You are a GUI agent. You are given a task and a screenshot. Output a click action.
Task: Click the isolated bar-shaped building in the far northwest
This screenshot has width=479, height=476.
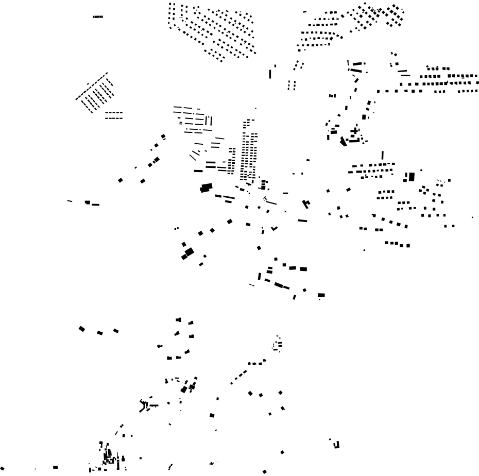point(98,16)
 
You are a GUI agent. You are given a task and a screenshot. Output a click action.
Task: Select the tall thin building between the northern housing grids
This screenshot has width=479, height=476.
point(270,74)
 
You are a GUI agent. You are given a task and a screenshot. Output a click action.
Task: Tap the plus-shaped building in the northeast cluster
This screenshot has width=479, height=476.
point(354,131)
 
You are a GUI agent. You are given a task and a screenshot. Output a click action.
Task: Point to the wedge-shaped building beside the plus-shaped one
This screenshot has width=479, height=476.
point(343,141)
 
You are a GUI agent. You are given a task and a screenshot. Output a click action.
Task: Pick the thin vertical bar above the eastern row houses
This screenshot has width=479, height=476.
point(382,155)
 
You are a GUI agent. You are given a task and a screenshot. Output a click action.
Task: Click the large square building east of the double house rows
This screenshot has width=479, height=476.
point(412,177)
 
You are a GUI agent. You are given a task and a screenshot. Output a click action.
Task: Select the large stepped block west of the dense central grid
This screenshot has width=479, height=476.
point(207,188)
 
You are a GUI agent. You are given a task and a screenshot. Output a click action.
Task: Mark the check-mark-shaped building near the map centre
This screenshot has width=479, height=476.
point(306,204)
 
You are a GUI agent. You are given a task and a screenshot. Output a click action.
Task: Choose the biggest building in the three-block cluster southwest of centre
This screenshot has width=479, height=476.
point(189,252)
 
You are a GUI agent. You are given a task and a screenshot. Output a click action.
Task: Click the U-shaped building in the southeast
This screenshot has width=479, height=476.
point(337,445)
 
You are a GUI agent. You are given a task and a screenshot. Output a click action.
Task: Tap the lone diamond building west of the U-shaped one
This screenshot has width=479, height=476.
point(282,452)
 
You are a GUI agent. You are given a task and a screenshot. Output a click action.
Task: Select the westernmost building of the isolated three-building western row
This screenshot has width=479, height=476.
point(81,329)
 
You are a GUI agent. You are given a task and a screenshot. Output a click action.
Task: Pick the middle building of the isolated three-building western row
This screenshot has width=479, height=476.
point(100,333)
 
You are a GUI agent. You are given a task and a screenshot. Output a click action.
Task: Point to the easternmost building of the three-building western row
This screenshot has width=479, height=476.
point(116,331)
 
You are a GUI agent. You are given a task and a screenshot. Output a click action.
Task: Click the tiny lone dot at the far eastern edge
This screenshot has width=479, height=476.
point(472,217)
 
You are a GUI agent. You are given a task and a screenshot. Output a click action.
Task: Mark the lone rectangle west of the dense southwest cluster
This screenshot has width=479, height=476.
point(55,467)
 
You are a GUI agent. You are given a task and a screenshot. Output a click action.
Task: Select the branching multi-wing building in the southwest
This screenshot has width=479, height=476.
point(144,405)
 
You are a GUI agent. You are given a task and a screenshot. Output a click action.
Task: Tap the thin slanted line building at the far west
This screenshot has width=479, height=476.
point(70,201)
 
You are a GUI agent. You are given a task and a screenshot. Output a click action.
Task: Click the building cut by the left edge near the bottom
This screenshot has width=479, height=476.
point(2,468)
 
